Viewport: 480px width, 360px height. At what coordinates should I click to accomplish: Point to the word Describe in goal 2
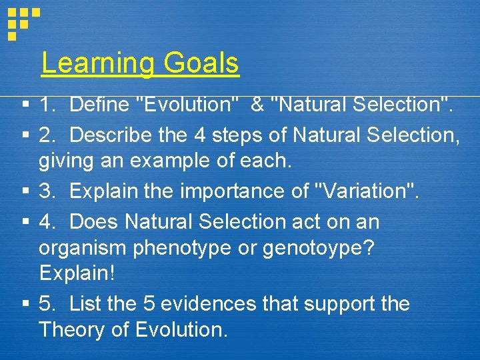(x=111, y=135)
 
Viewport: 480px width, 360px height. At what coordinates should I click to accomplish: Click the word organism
(x=83, y=247)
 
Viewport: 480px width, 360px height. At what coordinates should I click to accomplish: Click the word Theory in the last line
(x=73, y=329)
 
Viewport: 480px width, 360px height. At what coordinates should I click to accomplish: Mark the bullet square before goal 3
(x=25, y=192)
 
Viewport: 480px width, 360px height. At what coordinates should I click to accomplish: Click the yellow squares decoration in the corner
(x=22, y=23)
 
